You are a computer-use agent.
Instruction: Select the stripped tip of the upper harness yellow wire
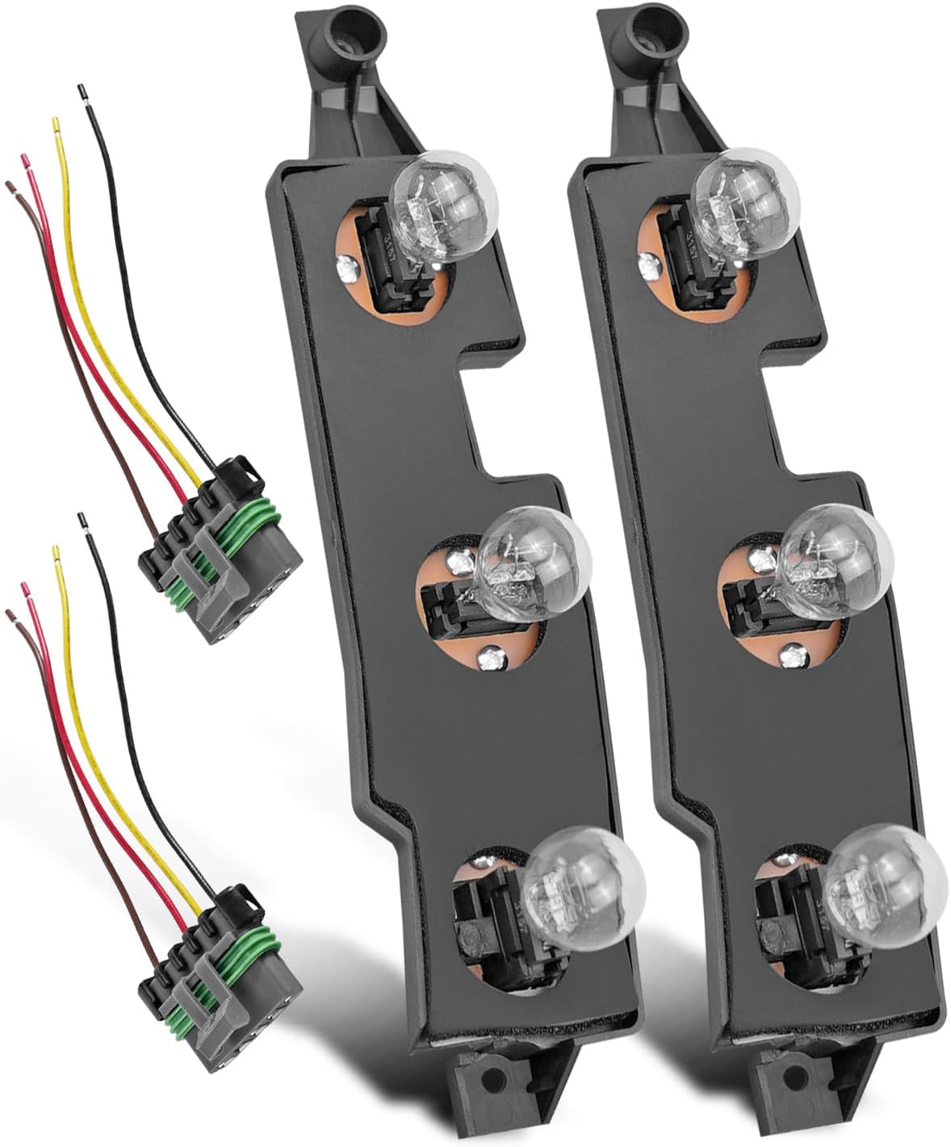pyautogui.click(x=56, y=124)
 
